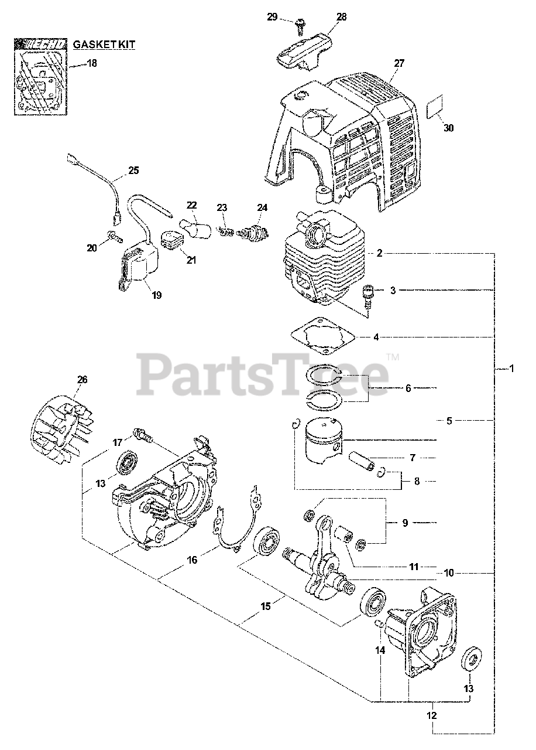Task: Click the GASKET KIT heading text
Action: (x=104, y=43)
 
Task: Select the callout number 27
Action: (x=400, y=63)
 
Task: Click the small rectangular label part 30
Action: (x=435, y=109)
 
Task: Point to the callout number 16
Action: (x=192, y=560)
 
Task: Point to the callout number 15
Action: (x=266, y=607)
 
